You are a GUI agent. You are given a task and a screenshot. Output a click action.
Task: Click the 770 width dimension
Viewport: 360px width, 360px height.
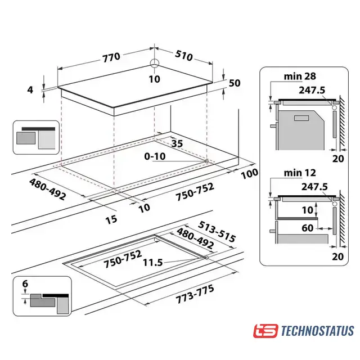(x=111, y=57)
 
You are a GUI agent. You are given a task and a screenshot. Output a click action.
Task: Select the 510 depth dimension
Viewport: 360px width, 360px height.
(x=184, y=56)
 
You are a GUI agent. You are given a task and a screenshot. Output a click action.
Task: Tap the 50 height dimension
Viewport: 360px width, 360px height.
(x=235, y=83)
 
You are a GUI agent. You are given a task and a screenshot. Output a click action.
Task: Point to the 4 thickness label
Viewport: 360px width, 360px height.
(x=30, y=90)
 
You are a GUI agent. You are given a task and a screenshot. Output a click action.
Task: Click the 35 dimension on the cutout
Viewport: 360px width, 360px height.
(x=177, y=143)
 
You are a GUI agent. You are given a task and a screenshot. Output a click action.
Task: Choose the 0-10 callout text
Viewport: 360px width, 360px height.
(x=155, y=156)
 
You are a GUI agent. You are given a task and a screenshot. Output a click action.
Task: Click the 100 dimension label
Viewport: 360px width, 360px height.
(x=249, y=173)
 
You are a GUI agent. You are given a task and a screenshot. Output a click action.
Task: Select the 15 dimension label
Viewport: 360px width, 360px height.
(x=111, y=219)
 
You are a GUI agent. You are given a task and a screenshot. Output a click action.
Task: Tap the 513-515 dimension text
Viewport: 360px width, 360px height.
(x=217, y=232)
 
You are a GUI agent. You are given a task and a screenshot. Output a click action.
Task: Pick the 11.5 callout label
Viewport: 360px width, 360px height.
(x=153, y=263)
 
